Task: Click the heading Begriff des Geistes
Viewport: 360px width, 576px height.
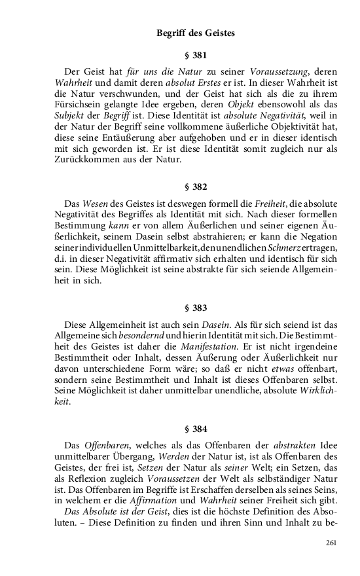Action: click(195, 33)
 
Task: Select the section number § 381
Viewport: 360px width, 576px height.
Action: click(195, 56)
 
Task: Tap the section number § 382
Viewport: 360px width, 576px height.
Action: click(195, 187)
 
